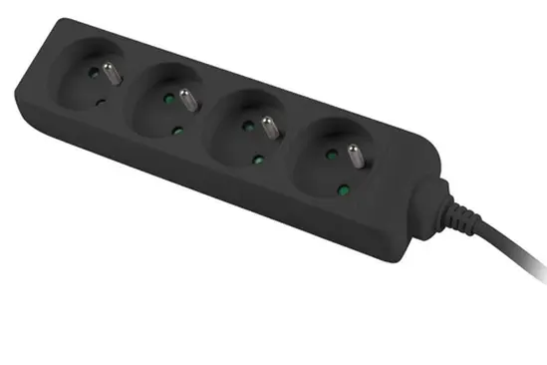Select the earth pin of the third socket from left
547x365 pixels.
[x=267, y=126]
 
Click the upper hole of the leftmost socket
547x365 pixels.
[x=94, y=73]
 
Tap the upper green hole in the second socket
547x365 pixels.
[x=167, y=99]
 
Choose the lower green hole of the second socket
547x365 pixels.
[x=175, y=130]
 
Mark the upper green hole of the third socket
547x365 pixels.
[x=248, y=129]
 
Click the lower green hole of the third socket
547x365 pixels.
[x=258, y=159]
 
